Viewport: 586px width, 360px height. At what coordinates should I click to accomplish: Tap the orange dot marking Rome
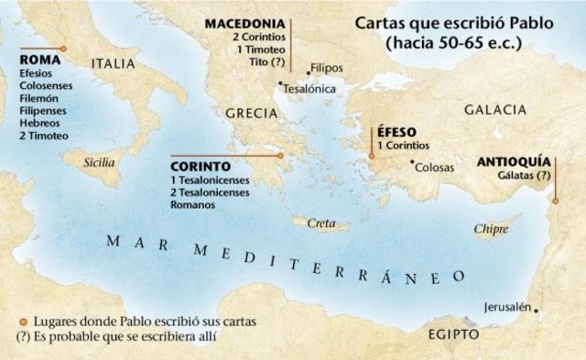pos(62,49)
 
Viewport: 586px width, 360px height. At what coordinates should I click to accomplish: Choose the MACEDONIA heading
pos(243,22)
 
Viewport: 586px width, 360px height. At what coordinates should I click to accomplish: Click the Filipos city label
pos(327,68)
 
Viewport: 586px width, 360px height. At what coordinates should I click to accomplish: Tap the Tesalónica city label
pos(310,90)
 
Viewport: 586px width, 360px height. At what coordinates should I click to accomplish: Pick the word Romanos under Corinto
pos(192,205)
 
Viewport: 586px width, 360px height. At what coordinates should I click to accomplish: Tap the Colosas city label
pos(434,168)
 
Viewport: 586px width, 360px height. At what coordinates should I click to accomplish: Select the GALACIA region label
pos(494,110)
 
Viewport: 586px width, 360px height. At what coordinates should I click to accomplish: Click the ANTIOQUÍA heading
pos(515,161)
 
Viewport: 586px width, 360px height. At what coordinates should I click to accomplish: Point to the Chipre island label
pos(491,228)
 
